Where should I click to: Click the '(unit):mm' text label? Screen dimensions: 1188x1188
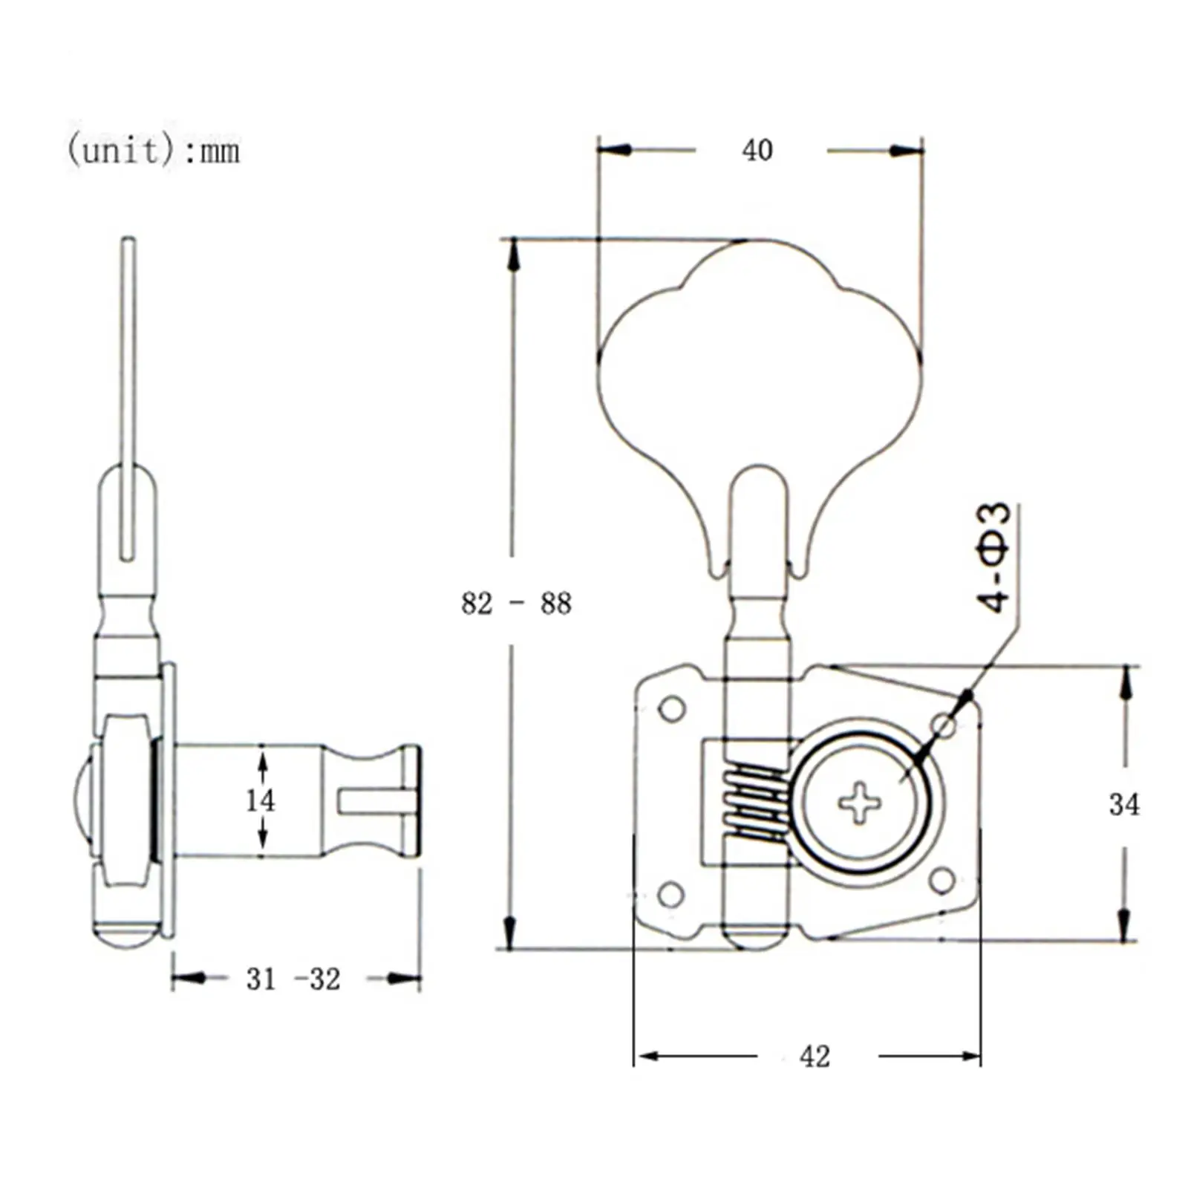(154, 151)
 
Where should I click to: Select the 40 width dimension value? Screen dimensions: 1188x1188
(757, 151)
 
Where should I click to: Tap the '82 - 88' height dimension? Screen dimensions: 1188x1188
(516, 603)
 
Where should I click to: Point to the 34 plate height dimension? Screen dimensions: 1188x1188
(1123, 804)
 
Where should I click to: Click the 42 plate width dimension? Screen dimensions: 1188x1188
(815, 1056)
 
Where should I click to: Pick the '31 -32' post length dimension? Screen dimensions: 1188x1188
(293, 979)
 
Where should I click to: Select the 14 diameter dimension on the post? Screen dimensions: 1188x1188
(260, 800)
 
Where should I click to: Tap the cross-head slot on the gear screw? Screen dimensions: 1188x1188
(860, 803)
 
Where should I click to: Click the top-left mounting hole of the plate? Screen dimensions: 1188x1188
(672, 709)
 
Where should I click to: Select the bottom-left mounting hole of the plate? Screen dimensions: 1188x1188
(671, 895)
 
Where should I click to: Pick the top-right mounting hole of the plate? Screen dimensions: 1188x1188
(944, 725)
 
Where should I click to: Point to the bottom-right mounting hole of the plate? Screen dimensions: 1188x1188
(942, 881)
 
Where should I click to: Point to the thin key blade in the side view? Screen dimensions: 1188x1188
(128, 399)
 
